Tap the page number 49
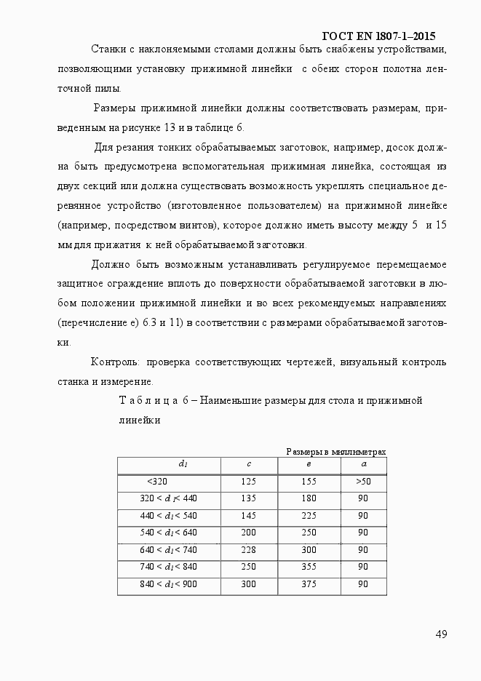(441, 634)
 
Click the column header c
(249, 464)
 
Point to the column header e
(309, 464)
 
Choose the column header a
(364, 464)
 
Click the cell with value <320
(156, 482)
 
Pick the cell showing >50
(364, 482)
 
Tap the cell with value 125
(249, 482)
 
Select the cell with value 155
(309, 482)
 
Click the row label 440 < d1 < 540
(168, 516)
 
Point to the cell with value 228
(249, 550)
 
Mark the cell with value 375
(309, 584)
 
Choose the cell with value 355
(309, 567)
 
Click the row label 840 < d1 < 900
(168, 584)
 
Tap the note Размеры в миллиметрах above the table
(335, 453)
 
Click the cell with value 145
(249, 516)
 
